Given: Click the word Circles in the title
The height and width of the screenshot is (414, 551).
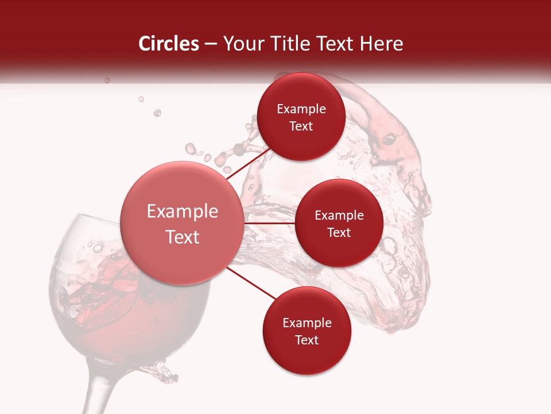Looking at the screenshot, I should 169,44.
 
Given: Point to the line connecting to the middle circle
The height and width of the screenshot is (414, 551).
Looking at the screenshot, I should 270,223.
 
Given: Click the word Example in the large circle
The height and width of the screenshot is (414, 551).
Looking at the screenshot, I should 183,212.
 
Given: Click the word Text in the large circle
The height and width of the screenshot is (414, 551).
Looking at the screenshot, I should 183,237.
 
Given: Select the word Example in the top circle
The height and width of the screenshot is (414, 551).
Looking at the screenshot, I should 301,109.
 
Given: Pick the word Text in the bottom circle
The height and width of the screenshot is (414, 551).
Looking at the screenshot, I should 306,340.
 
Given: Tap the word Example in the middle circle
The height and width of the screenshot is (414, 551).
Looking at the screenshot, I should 339,216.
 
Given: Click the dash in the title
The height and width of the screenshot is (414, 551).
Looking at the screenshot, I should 211,44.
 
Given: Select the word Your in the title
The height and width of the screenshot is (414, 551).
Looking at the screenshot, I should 240,44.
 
